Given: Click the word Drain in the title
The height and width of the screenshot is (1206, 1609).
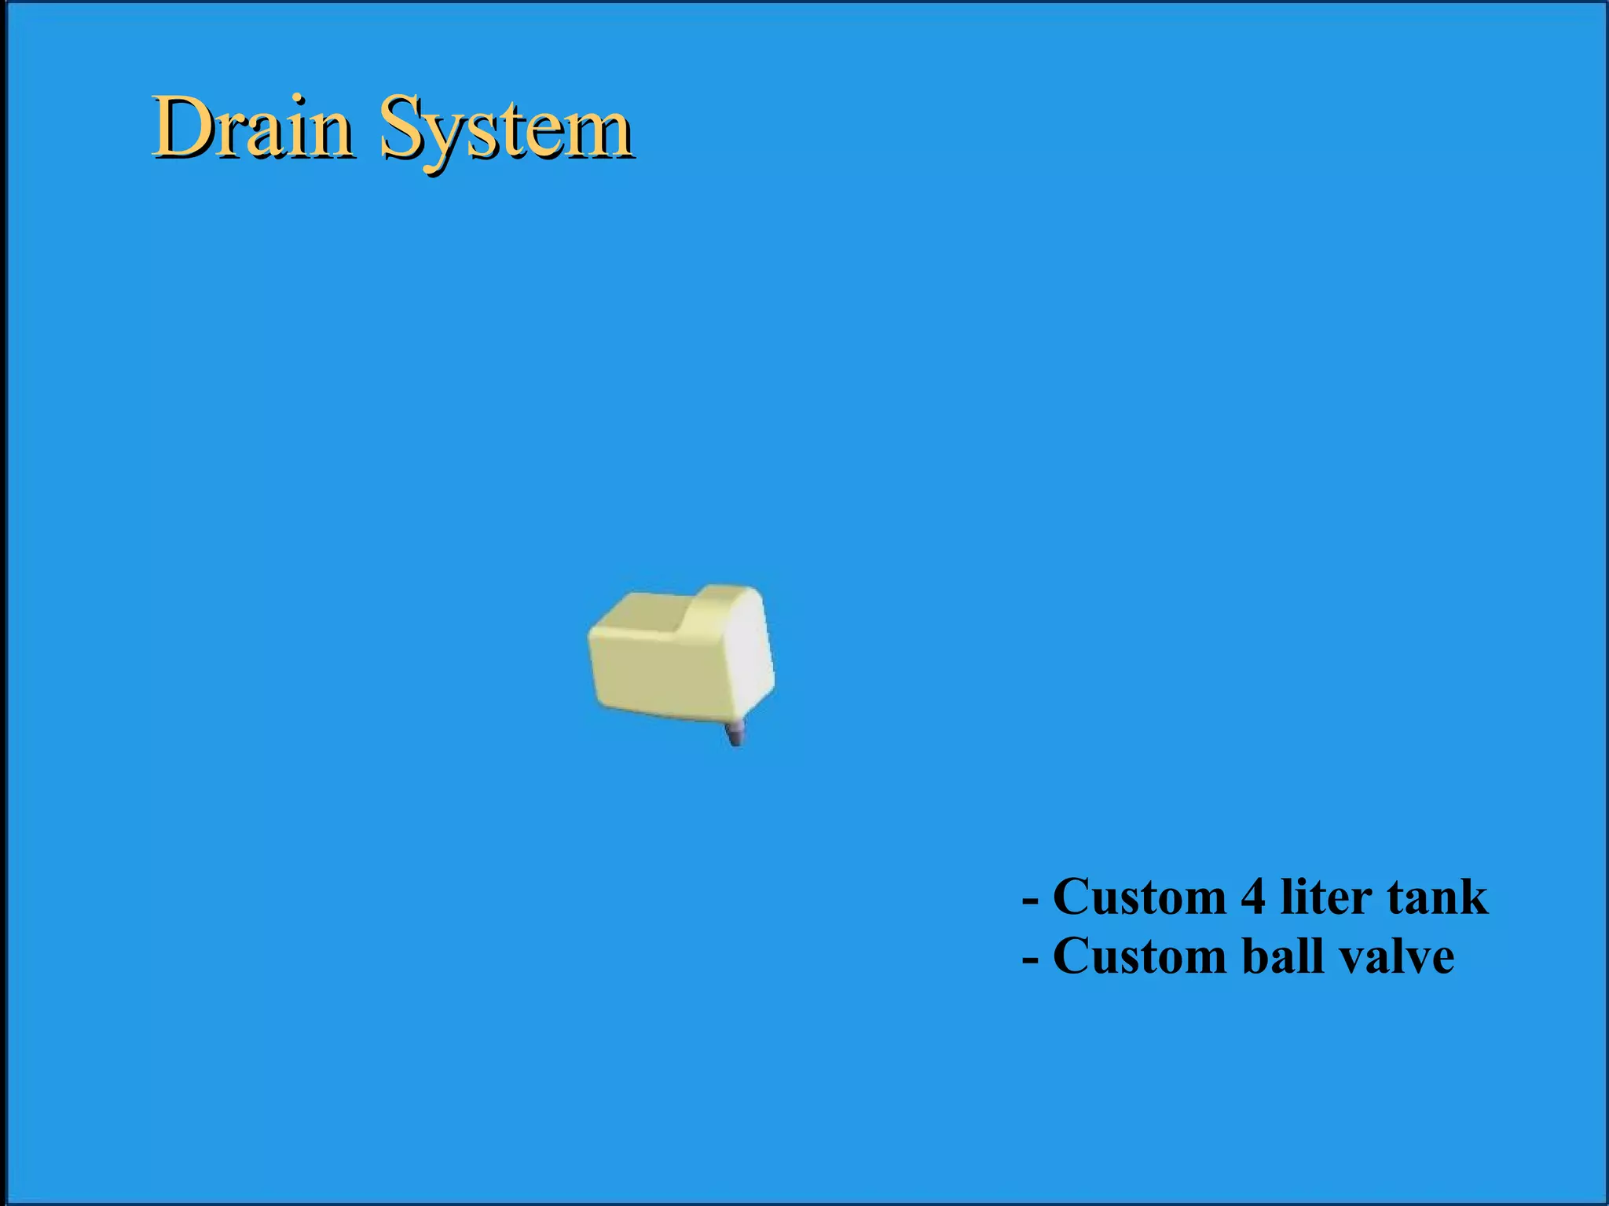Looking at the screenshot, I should pyautogui.click(x=251, y=128).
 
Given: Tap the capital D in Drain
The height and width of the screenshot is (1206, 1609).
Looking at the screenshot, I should pyautogui.click(x=184, y=127).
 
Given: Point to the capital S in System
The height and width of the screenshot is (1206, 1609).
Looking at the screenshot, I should pyautogui.click(x=403, y=127).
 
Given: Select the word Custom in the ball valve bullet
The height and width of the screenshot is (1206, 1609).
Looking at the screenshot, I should pyautogui.click(x=1139, y=956).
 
